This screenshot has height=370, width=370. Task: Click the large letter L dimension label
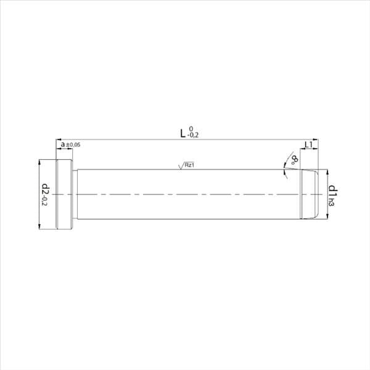[x=183, y=133]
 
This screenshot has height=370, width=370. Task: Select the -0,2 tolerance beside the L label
[x=193, y=136]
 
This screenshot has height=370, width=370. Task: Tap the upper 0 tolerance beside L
[x=191, y=129]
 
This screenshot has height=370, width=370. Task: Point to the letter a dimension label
[x=63, y=144]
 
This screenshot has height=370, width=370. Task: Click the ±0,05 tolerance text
[x=73, y=145]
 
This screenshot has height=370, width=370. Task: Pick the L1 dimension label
[x=309, y=145]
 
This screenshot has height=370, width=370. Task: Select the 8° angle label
[x=295, y=160]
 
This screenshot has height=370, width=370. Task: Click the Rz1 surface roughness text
[x=189, y=165]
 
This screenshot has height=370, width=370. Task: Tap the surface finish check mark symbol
[x=181, y=166]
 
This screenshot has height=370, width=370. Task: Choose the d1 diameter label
[x=333, y=192]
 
